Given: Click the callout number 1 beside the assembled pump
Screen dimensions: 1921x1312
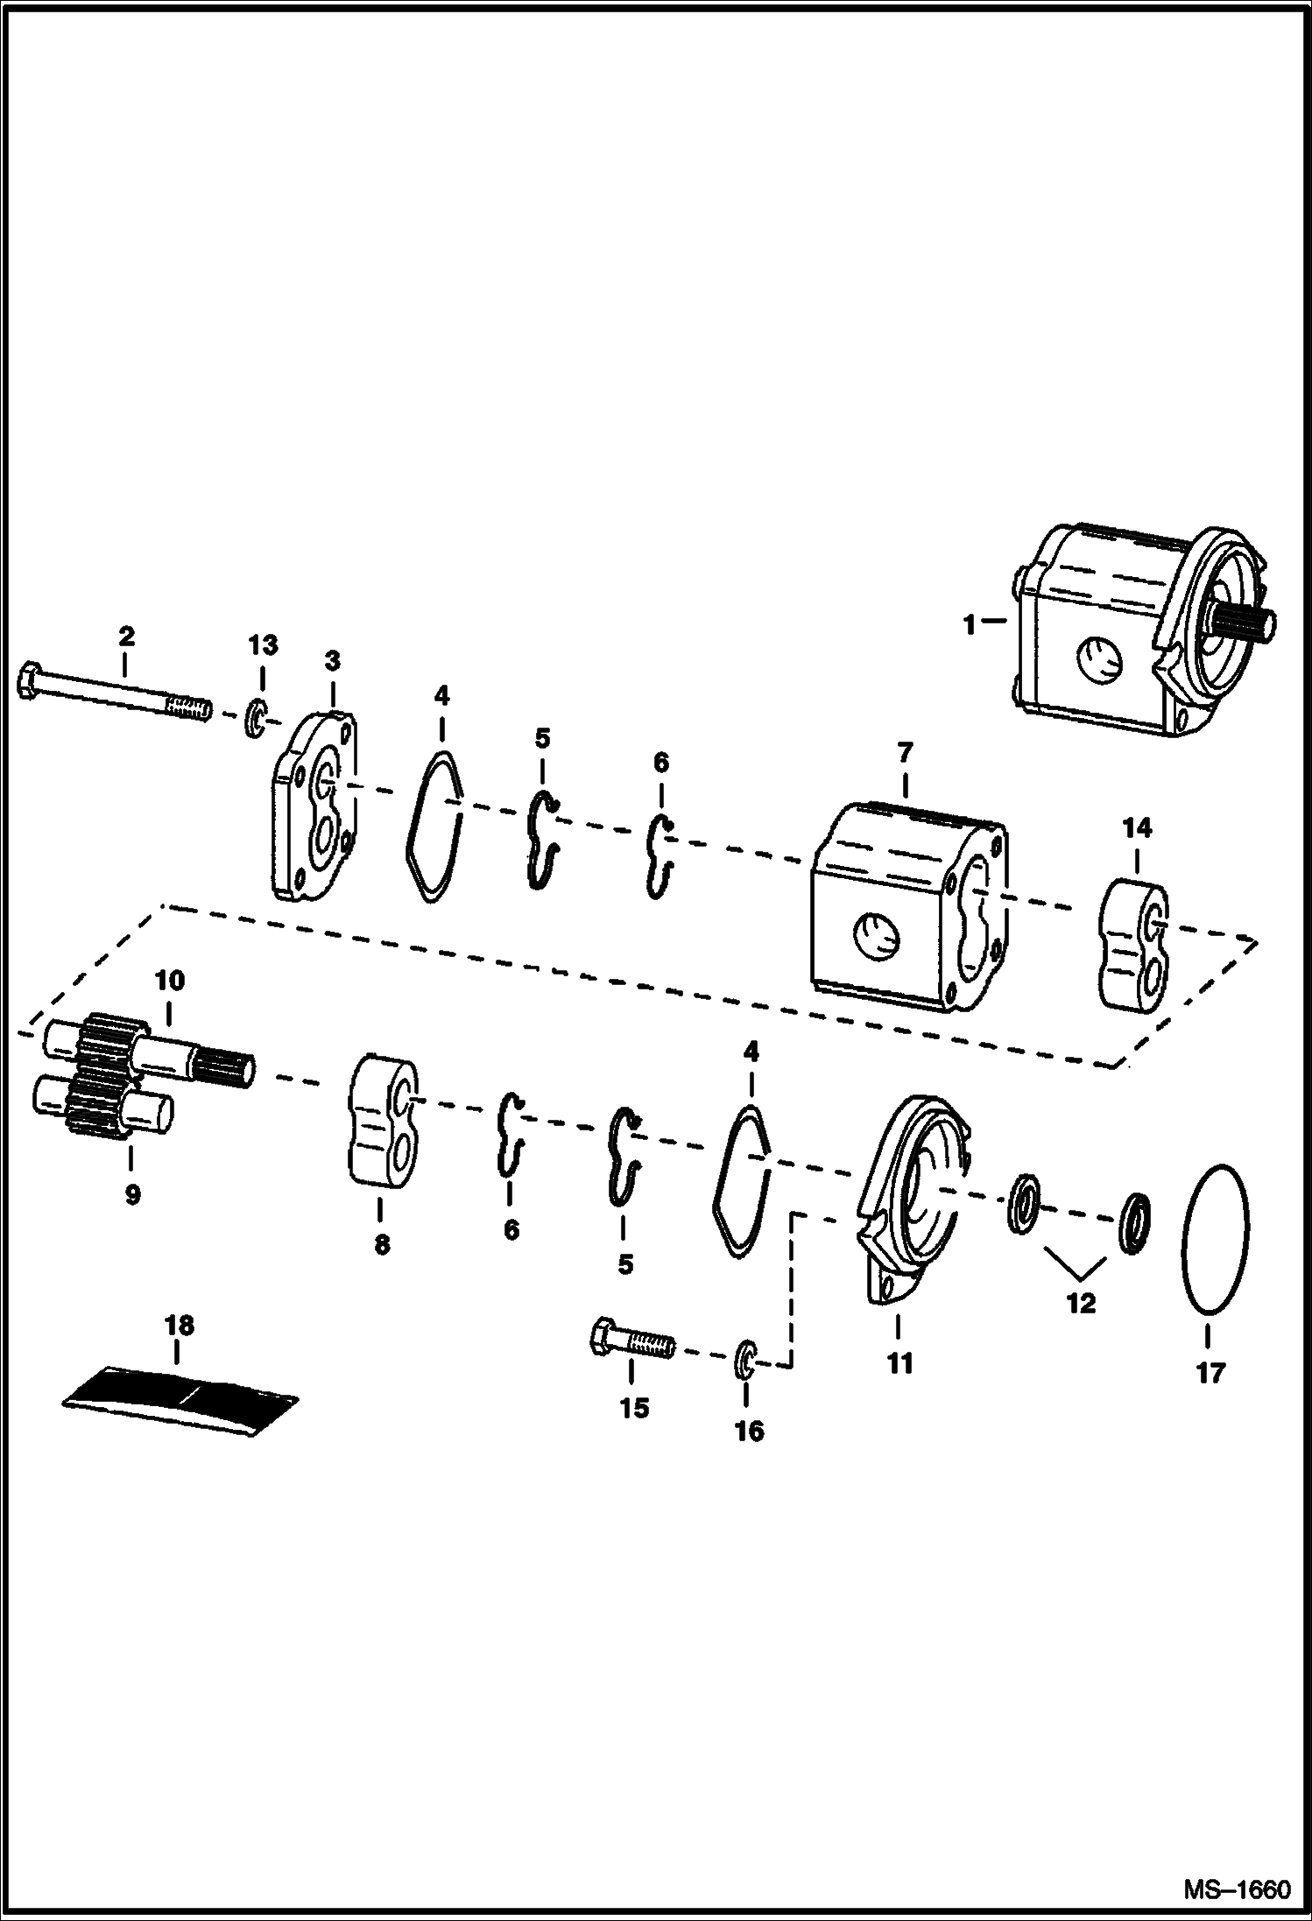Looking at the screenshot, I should (x=969, y=625).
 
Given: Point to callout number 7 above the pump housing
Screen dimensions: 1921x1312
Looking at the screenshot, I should (x=905, y=752).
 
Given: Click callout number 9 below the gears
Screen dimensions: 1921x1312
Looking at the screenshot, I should (x=132, y=1194).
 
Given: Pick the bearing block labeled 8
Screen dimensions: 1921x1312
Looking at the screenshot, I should (x=384, y=1128).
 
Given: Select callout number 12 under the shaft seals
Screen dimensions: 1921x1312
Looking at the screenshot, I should (x=1081, y=1303).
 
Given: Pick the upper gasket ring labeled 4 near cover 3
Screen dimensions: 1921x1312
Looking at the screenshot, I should (x=435, y=814).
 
